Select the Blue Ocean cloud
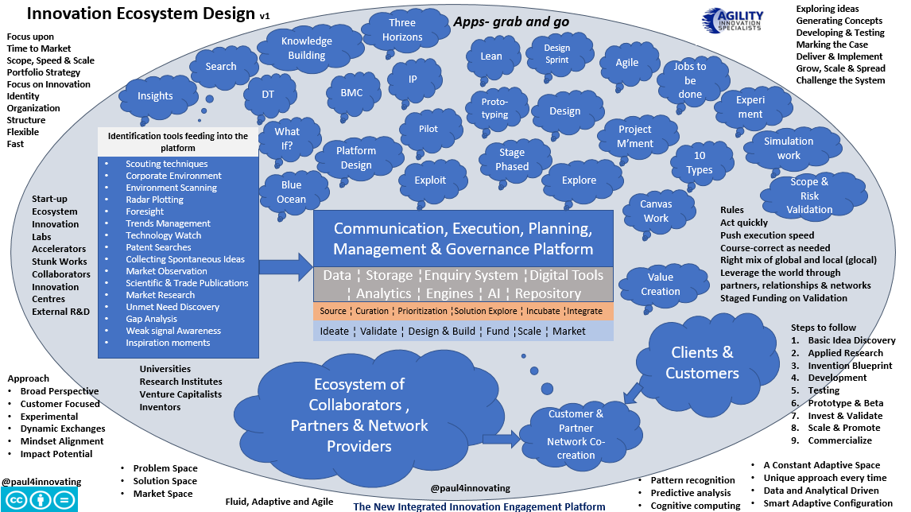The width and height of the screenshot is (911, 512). (x=291, y=192)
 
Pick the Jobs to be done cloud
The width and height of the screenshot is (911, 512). (x=689, y=80)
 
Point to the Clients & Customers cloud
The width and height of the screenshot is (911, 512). (x=702, y=363)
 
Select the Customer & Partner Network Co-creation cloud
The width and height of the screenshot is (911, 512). (x=576, y=434)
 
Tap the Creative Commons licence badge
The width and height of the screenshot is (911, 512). (x=39, y=499)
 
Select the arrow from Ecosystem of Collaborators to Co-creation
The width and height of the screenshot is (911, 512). (x=498, y=437)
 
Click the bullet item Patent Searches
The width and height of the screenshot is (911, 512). (x=158, y=247)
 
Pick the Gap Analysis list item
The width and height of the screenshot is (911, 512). (x=151, y=319)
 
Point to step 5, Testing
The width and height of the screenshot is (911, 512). (x=823, y=390)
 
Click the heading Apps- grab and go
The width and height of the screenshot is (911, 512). (x=511, y=21)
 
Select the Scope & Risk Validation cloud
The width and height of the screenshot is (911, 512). (x=809, y=195)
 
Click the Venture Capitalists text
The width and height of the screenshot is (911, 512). (x=180, y=394)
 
